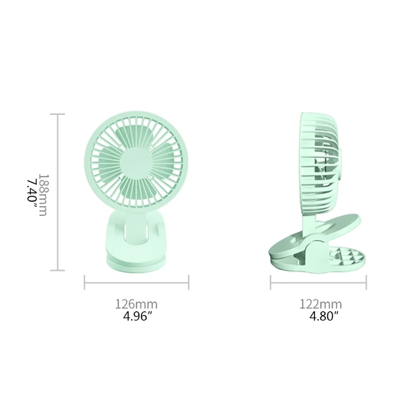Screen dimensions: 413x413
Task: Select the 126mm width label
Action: tap(136, 304)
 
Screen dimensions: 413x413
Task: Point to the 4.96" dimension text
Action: tap(136, 315)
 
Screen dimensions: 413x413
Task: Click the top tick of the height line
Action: tap(57, 114)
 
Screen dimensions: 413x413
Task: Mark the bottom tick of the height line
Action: tap(57, 270)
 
